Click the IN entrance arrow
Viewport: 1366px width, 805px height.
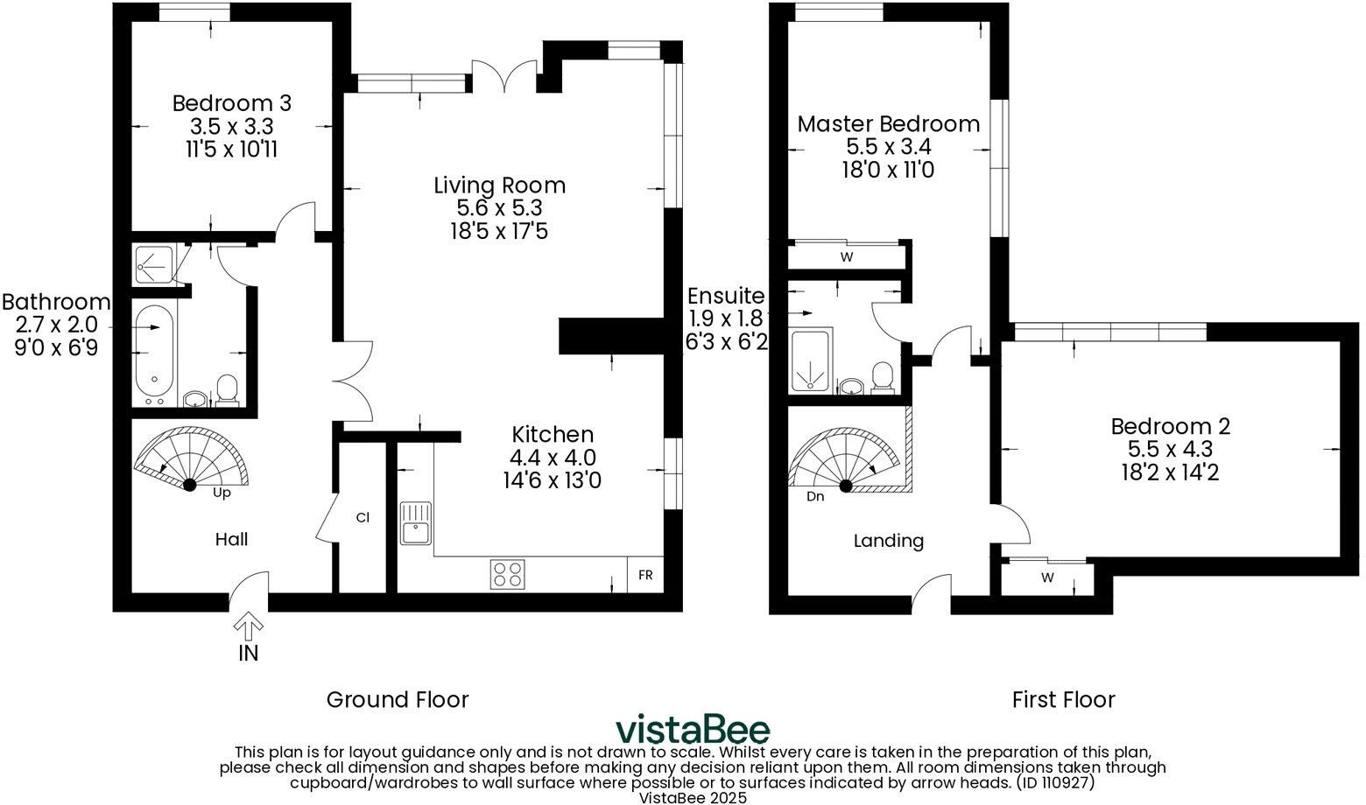point(249,626)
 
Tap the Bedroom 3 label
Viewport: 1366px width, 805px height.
point(231,103)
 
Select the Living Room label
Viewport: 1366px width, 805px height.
point(499,185)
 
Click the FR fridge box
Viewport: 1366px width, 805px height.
point(645,576)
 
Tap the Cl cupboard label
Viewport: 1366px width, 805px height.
point(363,518)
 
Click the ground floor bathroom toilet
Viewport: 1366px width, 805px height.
point(228,390)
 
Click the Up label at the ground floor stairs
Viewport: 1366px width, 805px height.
point(222,493)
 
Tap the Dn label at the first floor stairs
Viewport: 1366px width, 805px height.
point(815,496)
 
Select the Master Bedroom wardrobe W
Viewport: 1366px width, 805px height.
point(846,257)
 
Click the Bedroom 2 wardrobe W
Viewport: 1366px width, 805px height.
point(1047,577)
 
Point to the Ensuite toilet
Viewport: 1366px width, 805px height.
point(884,378)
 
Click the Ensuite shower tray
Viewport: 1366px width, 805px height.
point(810,360)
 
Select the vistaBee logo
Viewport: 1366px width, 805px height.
point(692,730)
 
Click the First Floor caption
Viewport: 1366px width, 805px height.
point(1063,700)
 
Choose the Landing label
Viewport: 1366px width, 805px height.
point(888,541)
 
